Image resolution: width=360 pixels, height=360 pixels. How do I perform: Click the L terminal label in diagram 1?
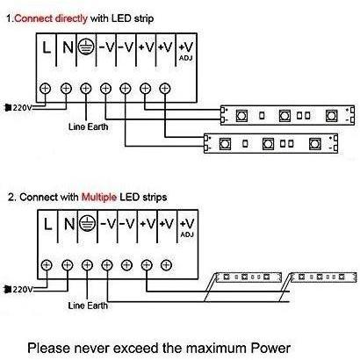click(x=47, y=47)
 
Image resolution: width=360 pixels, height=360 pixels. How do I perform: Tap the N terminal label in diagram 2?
click(x=69, y=224)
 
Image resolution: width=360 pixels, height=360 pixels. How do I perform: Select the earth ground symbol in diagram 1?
click(x=86, y=47)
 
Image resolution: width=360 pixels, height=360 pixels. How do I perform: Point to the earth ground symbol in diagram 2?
click(x=88, y=224)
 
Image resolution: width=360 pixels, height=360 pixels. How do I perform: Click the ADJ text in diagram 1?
click(x=186, y=58)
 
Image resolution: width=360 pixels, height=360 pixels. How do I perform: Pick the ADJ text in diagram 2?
click(x=187, y=234)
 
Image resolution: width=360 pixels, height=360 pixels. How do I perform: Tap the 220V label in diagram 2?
click(x=23, y=290)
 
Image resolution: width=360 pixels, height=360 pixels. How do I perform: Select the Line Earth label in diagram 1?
click(x=88, y=126)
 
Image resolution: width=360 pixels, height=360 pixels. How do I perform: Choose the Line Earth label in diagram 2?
click(x=88, y=306)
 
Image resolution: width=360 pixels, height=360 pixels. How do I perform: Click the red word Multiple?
click(x=99, y=197)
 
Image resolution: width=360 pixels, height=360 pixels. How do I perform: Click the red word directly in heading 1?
click(x=71, y=18)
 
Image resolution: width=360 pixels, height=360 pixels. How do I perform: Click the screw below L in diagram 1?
click(x=46, y=88)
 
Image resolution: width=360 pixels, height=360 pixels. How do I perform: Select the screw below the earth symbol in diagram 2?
click(x=87, y=265)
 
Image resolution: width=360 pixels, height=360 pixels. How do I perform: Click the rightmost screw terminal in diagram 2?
click(x=166, y=265)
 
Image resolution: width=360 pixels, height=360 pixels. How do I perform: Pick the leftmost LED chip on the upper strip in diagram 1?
click(x=241, y=116)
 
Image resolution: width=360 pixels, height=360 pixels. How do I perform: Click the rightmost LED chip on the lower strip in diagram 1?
click(x=314, y=144)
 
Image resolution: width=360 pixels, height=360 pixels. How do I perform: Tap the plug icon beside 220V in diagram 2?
click(x=8, y=290)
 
